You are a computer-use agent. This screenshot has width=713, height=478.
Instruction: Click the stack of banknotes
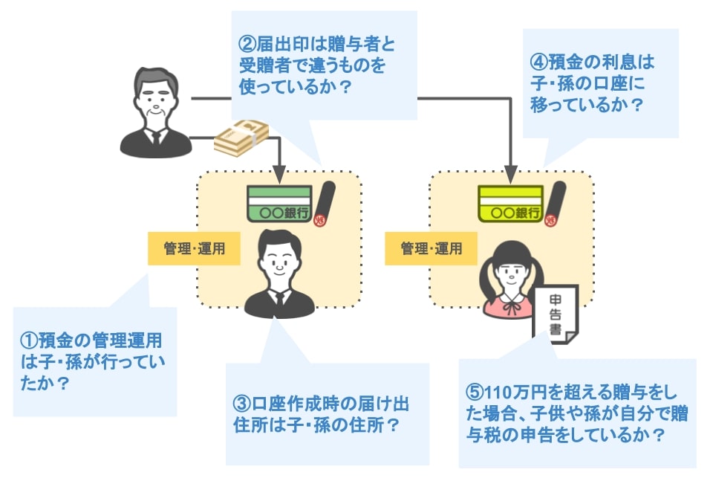(x=241, y=137)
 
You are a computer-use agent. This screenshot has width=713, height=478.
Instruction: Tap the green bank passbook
(x=280, y=204)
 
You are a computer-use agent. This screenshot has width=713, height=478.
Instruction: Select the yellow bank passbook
(x=511, y=204)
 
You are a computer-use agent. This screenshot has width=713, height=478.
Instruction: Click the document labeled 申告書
(x=556, y=314)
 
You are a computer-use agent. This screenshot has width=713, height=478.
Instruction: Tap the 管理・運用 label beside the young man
(x=194, y=248)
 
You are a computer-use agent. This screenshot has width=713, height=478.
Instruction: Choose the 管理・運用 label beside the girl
(x=431, y=248)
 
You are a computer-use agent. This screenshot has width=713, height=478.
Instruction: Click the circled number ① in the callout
(x=29, y=340)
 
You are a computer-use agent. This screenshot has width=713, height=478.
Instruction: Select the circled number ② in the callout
(x=248, y=44)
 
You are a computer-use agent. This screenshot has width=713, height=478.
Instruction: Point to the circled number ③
(x=242, y=404)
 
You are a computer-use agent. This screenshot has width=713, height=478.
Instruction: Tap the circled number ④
(x=539, y=62)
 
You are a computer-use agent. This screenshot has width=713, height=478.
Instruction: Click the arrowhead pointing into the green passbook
(x=280, y=175)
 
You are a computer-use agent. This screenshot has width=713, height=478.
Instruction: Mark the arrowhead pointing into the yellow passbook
(x=511, y=175)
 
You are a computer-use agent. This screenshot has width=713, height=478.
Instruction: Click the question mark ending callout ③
(x=392, y=425)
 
